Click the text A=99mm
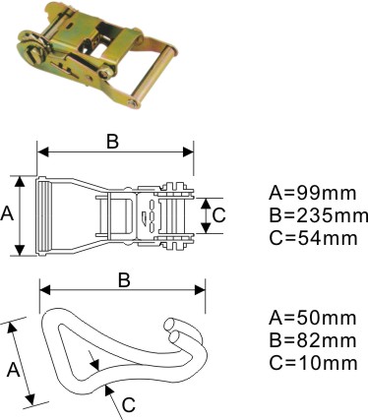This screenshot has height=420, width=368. pos(312,193)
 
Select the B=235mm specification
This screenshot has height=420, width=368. pos(318,215)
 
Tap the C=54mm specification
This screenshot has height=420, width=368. pos(313,238)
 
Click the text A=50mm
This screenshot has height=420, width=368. pos(312,318)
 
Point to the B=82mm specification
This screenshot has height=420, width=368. pos(312,340)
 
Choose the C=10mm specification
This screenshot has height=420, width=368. pos(313,363)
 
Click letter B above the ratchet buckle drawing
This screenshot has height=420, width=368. pos(112,143)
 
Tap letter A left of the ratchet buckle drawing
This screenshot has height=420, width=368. pos(7,214)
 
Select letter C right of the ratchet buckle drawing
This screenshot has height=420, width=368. pos(218,215)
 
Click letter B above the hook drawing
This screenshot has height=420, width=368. pos(124,280)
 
